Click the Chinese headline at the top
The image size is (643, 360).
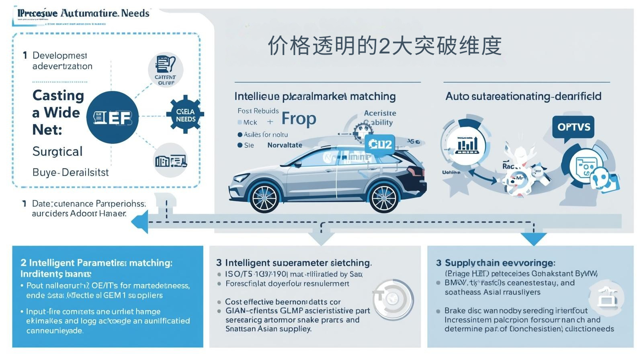[x=385, y=46]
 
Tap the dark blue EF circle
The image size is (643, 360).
[x=113, y=117]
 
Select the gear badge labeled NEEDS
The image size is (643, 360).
[x=185, y=115]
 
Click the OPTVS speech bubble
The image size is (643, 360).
[x=573, y=127]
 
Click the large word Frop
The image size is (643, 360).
[x=299, y=119]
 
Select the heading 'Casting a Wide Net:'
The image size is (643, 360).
[x=58, y=112]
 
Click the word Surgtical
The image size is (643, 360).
[x=57, y=151]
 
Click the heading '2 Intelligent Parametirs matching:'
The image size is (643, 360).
[x=96, y=263]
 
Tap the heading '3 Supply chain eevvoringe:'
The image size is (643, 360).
[x=496, y=263]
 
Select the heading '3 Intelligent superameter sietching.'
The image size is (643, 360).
[x=294, y=263]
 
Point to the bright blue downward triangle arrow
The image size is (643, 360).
[x=533, y=239]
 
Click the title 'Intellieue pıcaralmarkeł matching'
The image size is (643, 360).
[x=315, y=96]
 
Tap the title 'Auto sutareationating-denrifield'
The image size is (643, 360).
[x=523, y=96]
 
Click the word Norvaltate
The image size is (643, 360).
[x=285, y=145]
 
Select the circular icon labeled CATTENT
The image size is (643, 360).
[x=165, y=69]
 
